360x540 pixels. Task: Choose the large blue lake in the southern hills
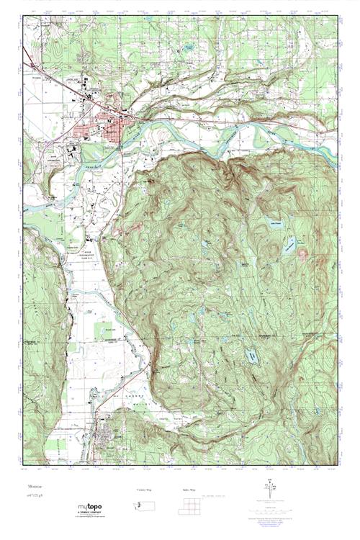251,356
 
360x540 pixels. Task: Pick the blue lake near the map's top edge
189,48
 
